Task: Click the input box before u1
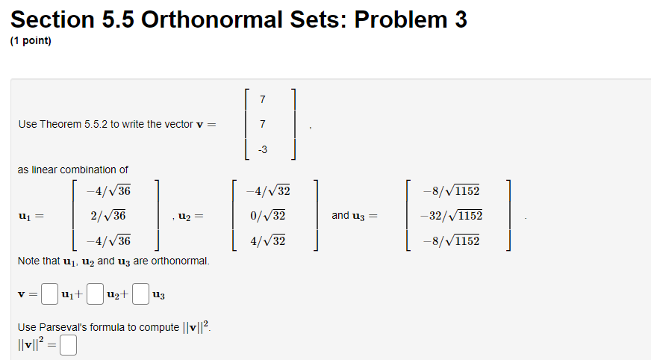tap(49, 294)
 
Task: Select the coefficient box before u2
tap(95, 294)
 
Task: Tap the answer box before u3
tap(141, 294)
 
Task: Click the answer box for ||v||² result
tap(68, 345)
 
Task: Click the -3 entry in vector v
tap(263, 149)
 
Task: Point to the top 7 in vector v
tap(262, 99)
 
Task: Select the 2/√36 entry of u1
tap(108, 216)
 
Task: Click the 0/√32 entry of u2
tap(268, 216)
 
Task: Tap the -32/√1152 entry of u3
tap(452, 216)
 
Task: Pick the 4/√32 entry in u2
tap(268, 240)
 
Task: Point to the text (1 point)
tap(31, 40)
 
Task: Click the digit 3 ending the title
tap(461, 19)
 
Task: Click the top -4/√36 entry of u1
tap(108, 190)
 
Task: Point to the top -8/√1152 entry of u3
tap(452, 190)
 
